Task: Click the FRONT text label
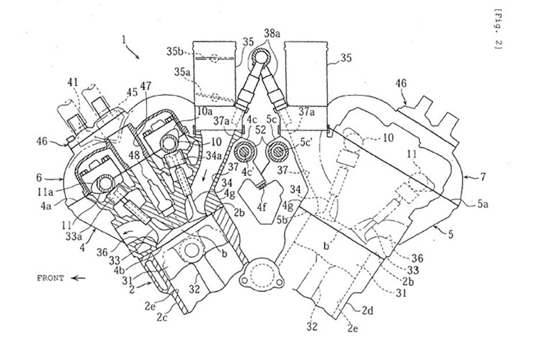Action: pos(50,278)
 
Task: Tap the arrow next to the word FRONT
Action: pos(78,278)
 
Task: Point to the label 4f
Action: pos(261,206)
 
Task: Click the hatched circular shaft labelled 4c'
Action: pos(245,152)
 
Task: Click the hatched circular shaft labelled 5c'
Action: pos(279,152)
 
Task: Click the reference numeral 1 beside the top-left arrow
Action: pos(124,40)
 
